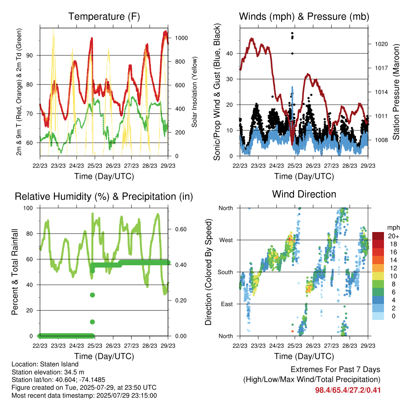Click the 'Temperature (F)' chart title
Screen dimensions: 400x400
coord(104,16)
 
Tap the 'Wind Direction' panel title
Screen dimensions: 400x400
coord(304,194)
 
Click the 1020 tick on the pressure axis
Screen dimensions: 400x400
coord(381,44)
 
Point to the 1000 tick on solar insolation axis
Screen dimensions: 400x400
coord(181,38)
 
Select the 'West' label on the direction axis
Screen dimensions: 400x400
coord(226,240)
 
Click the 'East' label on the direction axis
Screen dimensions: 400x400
coord(227,304)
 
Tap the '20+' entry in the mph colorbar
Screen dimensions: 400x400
coord(393,236)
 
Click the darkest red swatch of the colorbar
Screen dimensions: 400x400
coord(378,236)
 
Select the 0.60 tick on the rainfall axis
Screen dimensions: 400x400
coord(181,229)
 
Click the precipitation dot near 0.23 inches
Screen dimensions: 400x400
coord(92,295)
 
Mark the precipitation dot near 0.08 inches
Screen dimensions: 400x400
coord(92,322)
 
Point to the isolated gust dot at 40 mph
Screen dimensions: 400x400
coord(292,54)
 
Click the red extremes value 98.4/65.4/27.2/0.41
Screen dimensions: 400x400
coord(348,390)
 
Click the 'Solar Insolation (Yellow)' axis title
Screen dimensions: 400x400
coord(195,92)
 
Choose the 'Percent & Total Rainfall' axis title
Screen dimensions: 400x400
coord(15,272)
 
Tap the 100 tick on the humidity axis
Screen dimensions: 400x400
coord(28,208)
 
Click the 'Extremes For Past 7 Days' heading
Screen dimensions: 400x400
coord(335,370)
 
